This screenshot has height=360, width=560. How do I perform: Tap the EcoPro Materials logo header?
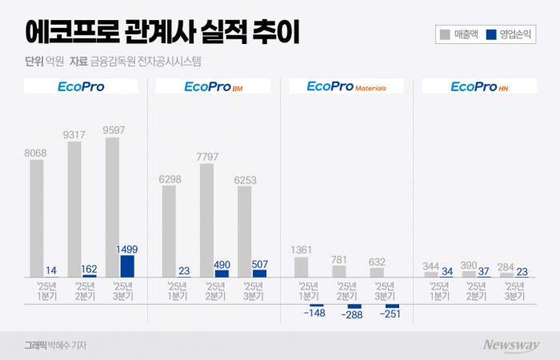346,86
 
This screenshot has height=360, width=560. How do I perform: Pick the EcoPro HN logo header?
479,86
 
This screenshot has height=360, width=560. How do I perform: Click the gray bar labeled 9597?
113,207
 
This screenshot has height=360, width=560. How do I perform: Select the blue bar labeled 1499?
126,266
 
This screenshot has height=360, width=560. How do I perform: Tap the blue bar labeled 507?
259,274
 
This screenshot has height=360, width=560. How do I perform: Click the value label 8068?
37,152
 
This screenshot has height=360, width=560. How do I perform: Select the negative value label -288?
352,316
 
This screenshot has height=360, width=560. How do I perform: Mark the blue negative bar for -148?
316,305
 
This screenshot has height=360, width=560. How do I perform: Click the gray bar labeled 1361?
302,267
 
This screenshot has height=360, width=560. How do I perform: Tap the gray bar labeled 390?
469,274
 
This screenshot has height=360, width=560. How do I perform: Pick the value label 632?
377,260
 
